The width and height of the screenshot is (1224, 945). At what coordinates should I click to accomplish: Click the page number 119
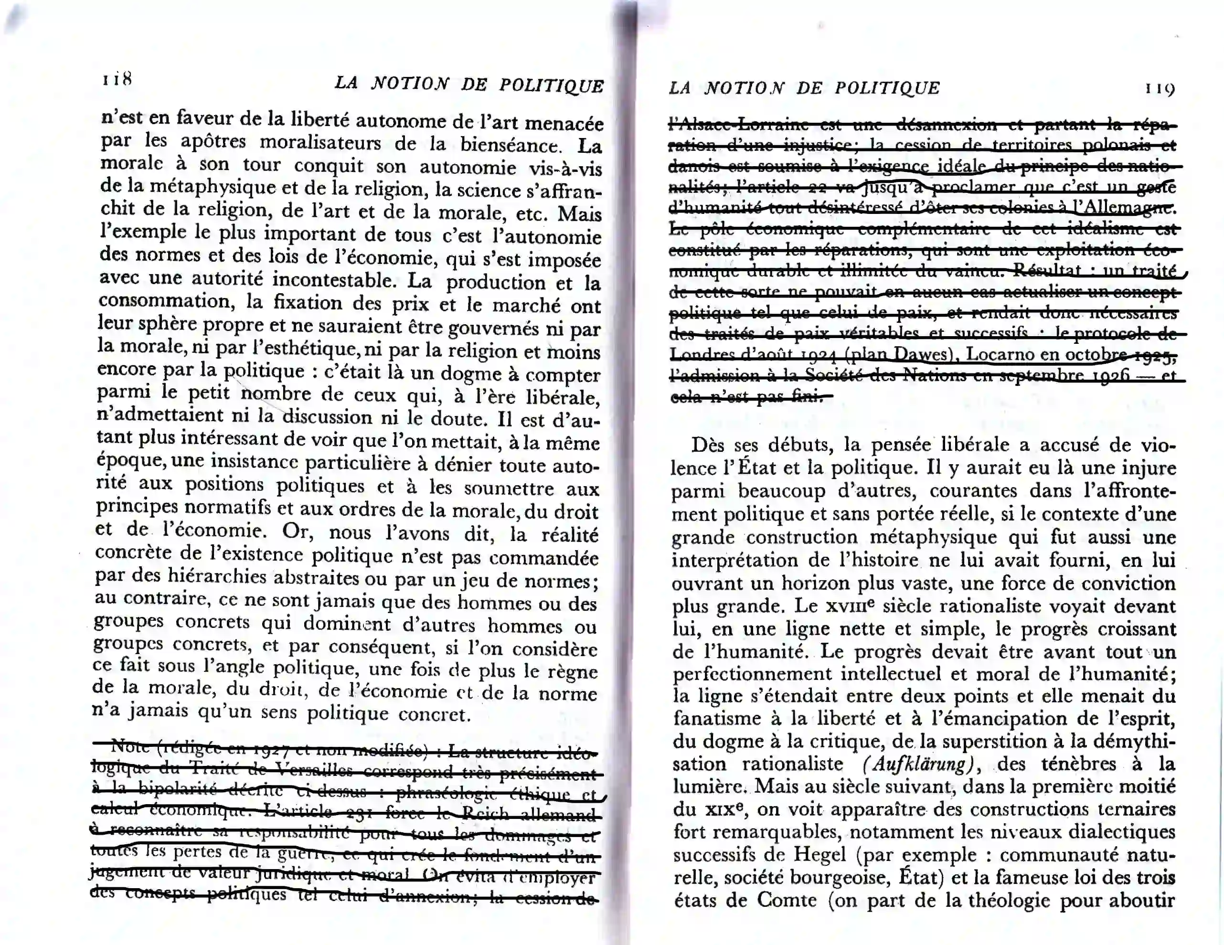point(1160,88)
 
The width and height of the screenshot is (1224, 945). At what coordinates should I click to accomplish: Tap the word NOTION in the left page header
point(410,84)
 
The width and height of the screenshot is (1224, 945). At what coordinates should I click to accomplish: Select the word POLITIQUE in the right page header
point(887,88)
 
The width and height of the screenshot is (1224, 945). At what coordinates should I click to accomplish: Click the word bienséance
point(511,145)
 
